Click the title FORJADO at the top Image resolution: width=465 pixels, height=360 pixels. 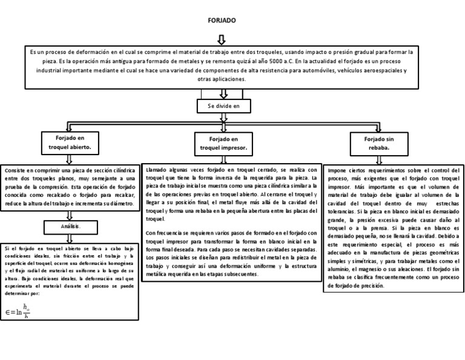tap(222, 21)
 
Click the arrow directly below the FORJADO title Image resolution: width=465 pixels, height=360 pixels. tap(221, 39)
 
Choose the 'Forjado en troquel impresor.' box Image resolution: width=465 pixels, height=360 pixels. tap(222, 144)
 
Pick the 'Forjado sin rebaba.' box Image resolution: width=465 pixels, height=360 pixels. tap(377, 144)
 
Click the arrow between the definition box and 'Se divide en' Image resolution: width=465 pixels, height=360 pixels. tap(223, 93)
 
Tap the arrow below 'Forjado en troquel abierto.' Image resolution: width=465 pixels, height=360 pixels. tap(69, 158)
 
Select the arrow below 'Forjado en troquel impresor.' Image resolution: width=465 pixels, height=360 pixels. tap(223, 159)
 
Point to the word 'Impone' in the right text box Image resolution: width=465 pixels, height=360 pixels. tap(337, 171)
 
